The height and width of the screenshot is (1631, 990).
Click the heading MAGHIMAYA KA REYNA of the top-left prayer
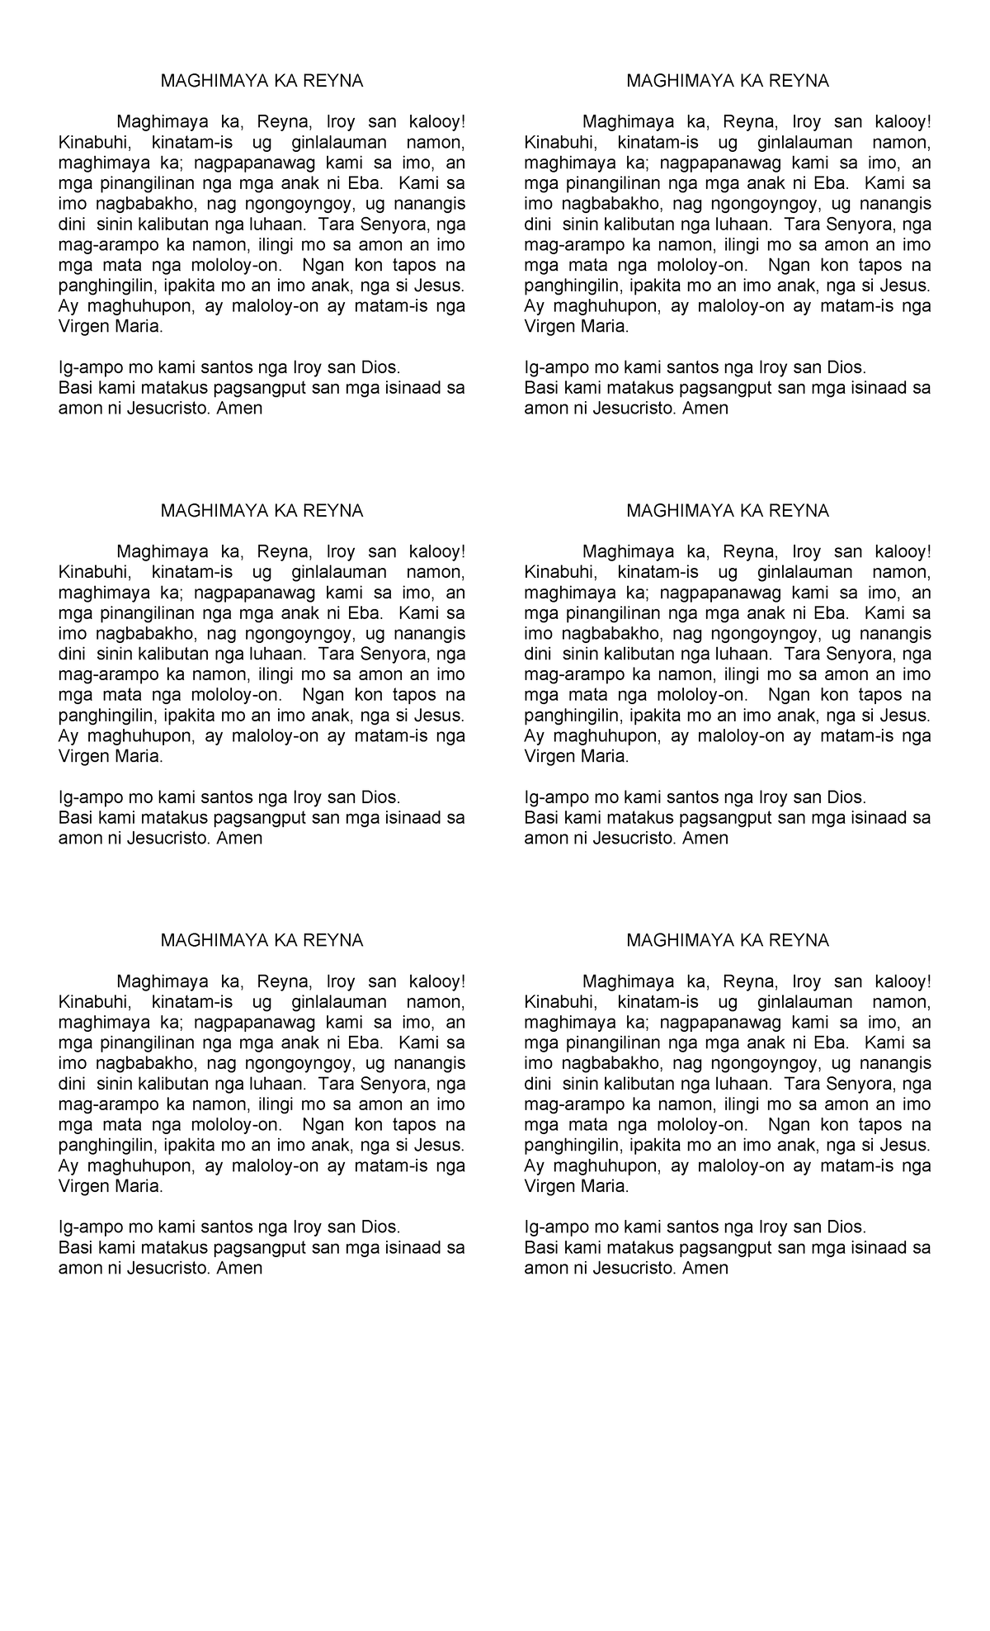262,81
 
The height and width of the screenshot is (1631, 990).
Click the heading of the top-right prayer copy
728,81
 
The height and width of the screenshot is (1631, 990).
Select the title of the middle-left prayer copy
262,511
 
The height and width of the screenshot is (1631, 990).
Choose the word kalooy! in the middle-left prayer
436,551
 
